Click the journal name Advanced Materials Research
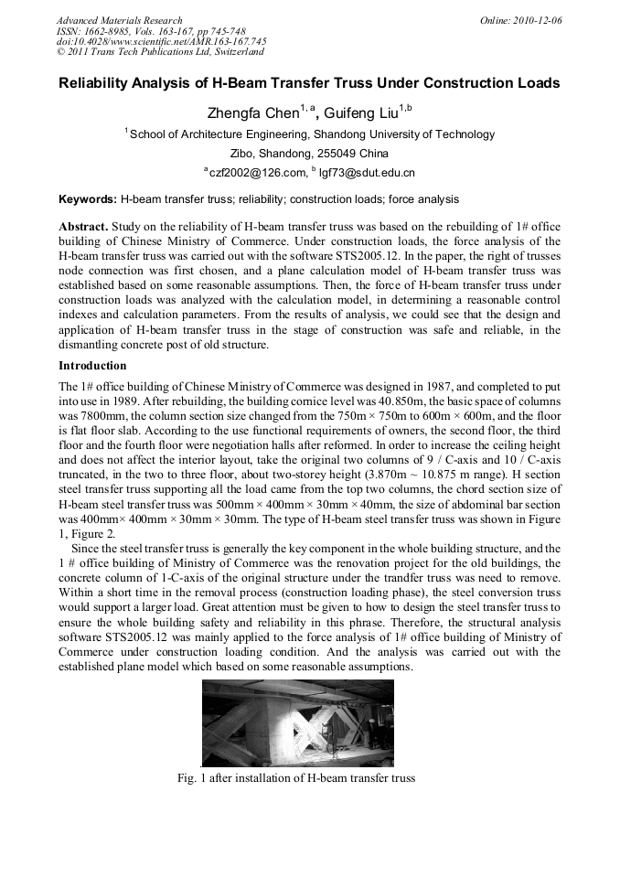coord(119,20)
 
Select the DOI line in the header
coord(161,41)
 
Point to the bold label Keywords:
coord(88,198)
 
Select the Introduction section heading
coord(92,366)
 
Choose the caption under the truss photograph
coord(296,778)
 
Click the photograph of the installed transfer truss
coord(297,722)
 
